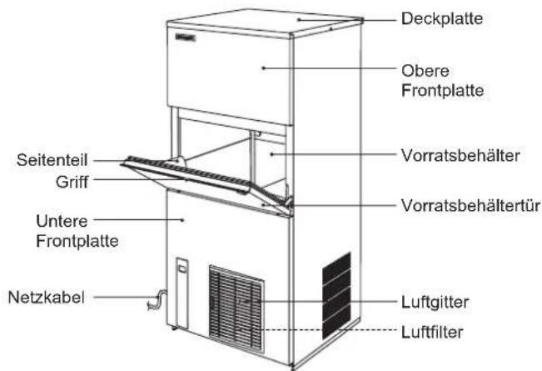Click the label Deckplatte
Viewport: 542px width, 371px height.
pyautogui.click(x=442, y=18)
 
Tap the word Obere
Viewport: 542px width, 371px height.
pyautogui.click(x=425, y=71)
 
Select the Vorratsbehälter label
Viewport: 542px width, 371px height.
pyautogui.click(x=460, y=155)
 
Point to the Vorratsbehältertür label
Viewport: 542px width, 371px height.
pyautogui.click(x=470, y=205)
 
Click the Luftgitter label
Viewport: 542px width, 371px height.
pyautogui.click(x=435, y=302)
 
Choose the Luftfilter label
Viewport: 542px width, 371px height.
pyautogui.click(x=432, y=333)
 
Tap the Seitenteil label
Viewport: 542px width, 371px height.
pyautogui.click(x=52, y=160)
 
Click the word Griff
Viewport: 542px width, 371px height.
pyautogui.click(x=72, y=182)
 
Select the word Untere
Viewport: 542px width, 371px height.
pyautogui.click(x=62, y=221)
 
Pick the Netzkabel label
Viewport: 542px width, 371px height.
pyautogui.click(x=46, y=298)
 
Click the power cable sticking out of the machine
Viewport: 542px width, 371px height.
pyautogui.click(x=157, y=299)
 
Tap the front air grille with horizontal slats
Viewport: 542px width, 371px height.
pyautogui.click(x=236, y=308)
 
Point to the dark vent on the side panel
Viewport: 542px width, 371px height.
pyautogui.click(x=336, y=296)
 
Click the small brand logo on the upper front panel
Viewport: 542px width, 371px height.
pyautogui.click(x=186, y=37)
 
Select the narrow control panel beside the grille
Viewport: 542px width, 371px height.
pyautogui.click(x=181, y=293)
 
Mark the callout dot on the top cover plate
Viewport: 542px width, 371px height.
pyautogui.click(x=299, y=20)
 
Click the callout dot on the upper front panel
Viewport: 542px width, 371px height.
pyautogui.click(x=263, y=68)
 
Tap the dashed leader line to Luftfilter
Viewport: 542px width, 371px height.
pyautogui.click(x=330, y=330)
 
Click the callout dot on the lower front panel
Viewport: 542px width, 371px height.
pyautogui.click(x=183, y=219)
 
